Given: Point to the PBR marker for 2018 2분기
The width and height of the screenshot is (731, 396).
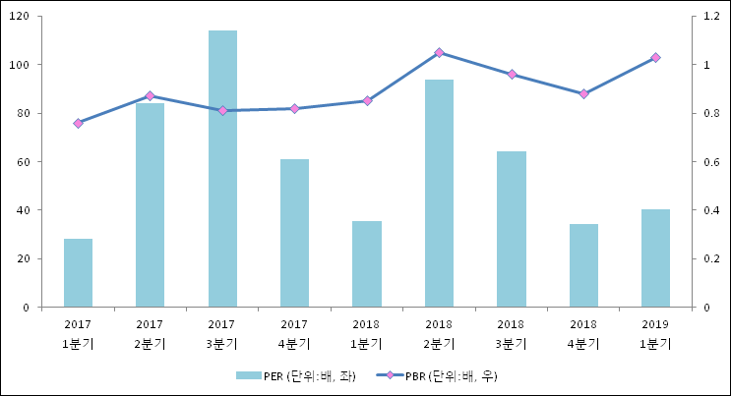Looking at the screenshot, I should coord(439,53).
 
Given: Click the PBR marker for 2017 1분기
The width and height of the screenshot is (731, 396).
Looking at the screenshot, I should coord(78,123).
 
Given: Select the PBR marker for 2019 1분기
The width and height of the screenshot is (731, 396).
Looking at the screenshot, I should coord(655,58).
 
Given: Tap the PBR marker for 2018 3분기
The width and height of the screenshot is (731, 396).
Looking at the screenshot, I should coord(512,75).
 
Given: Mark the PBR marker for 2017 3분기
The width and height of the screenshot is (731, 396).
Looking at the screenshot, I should coord(222,111).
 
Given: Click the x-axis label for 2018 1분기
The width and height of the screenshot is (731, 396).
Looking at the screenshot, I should coord(367,334).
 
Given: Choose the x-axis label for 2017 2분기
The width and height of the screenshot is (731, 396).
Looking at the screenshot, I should coord(150,334).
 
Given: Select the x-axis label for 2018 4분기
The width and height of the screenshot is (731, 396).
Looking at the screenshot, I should coord(583,334).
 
